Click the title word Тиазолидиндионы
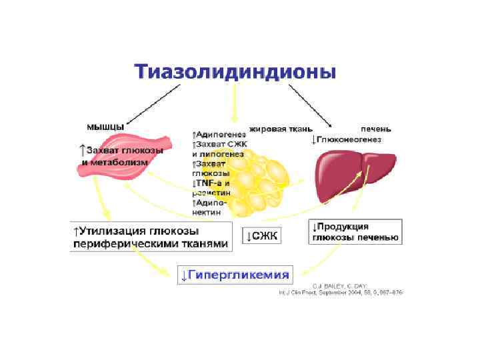click(x=235, y=72)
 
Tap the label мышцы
click(x=103, y=126)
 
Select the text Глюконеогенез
click(x=349, y=139)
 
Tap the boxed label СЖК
click(x=265, y=235)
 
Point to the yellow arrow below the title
click(x=233, y=107)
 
